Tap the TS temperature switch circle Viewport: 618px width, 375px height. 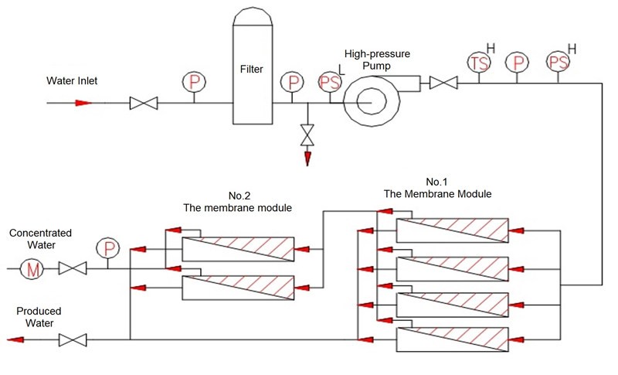coord(480,62)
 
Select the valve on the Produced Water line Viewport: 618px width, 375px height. coord(73,339)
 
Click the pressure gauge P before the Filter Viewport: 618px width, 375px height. coord(192,81)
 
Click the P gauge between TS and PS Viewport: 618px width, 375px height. coord(517,62)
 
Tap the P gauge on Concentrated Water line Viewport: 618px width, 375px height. coord(106,248)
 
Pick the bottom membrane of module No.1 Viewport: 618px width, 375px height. coord(453,339)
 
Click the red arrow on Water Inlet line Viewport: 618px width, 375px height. coord(83,103)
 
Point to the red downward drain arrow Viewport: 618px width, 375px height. coord(307,158)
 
